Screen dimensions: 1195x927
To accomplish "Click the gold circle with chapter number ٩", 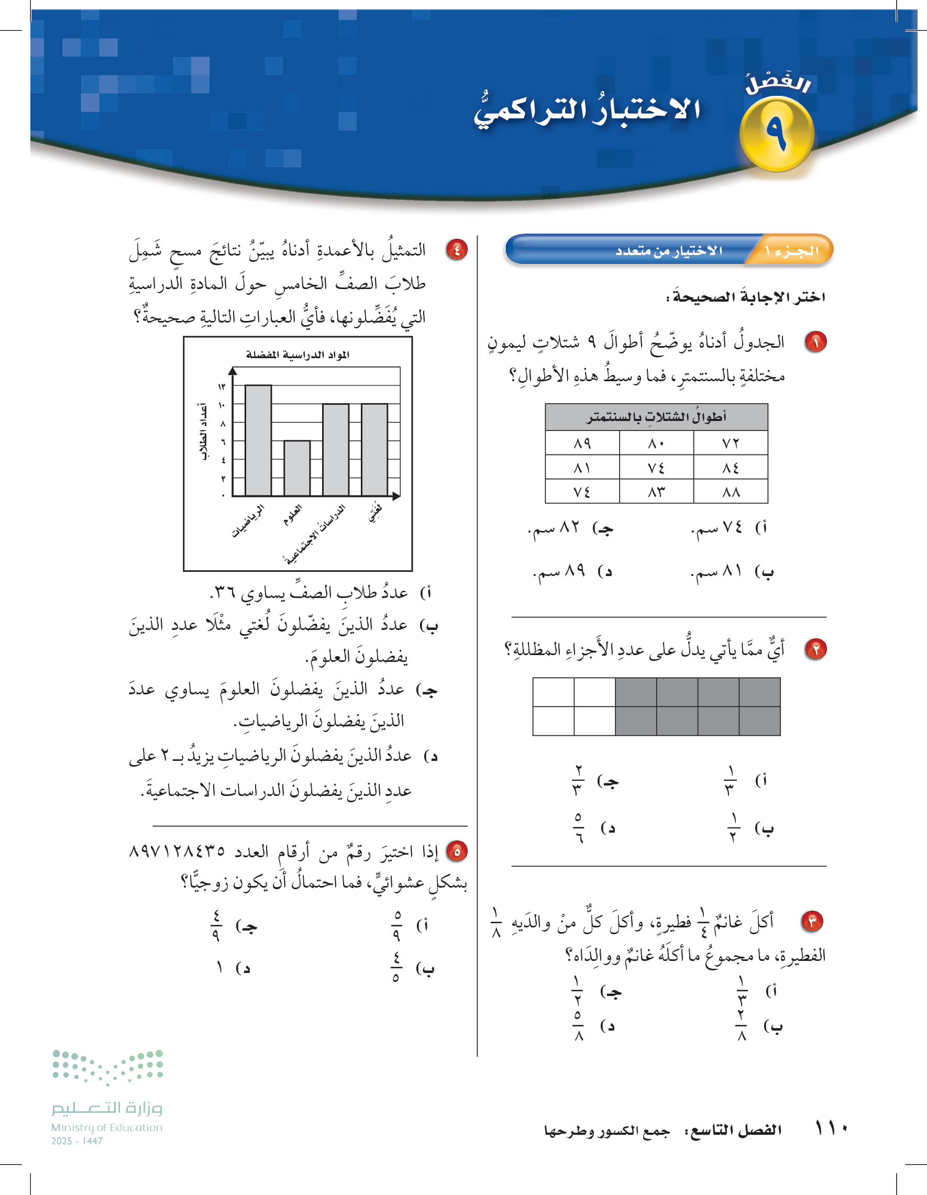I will (x=777, y=134).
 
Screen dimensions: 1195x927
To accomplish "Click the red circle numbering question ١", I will (x=815, y=342).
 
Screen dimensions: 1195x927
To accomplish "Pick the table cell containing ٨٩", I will (x=582, y=442).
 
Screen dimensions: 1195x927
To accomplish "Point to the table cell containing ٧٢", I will (x=730, y=442).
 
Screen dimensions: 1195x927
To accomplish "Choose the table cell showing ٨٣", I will (x=656, y=492).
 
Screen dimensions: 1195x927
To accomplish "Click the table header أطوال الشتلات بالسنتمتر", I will (x=656, y=417).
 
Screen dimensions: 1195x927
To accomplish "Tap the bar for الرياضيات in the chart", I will (x=258, y=441).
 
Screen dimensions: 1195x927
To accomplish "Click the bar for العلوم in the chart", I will (x=297, y=468).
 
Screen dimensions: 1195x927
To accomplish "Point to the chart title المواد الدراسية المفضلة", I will (x=297, y=355).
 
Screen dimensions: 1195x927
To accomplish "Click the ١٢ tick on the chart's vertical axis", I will (x=222, y=387).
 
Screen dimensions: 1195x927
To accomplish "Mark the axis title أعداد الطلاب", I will (x=203, y=431).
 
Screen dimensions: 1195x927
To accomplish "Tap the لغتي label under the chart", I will (x=375, y=513).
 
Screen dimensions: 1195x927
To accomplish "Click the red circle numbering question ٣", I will (x=812, y=922).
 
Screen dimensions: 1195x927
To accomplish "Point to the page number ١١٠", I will (x=831, y=1128).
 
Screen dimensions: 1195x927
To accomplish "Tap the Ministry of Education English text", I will (x=107, y=1127).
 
